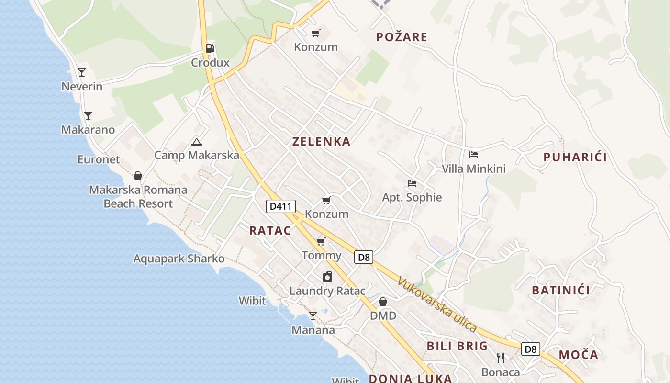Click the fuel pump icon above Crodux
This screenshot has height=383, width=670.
pyautogui.click(x=210, y=48)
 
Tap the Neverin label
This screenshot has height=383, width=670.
pyautogui.click(x=82, y=87)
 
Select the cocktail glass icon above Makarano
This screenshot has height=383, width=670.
pyautogui.click(x=88, y=116)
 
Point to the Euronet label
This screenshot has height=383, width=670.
pyautogui.click(x=99, y=159)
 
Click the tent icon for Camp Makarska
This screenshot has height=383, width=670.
pyautogui.click(x=196, y=142)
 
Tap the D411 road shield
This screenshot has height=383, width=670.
pyautogui.click(x=280, y=206)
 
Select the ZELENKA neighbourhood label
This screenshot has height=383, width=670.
pyautogui.click(x=321, y=142)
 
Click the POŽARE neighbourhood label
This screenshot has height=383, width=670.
pyautogui.click(x=402, y=37)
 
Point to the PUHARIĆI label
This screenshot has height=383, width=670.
pyautogui.click(x=575, y=157)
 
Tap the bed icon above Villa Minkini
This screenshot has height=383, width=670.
pyautogui.click(x=474, y=154)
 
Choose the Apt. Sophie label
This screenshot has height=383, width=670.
pyautogui.click(x=412, y=197)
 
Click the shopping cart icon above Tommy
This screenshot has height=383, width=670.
pyautogui.click(x=321, y=241)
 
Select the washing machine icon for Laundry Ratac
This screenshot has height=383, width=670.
pyautogui.click(x=327, y=277)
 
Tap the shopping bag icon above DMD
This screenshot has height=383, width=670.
pyautogui.click(x=383, y=302)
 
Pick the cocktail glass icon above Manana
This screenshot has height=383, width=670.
pyautogui.click(x=313, y=316)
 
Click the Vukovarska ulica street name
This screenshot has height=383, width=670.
pyautogui.click(x=436, y=305)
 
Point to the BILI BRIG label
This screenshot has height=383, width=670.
pyautogui.click(x=457, y=346)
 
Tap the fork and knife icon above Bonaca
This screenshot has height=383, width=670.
pyautogui.click(x=501, y=358)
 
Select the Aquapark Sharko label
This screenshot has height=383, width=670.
pyautogui.click(x=179, y=259)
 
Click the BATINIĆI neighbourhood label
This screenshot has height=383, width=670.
pyautogui.click(x=560, y=290)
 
